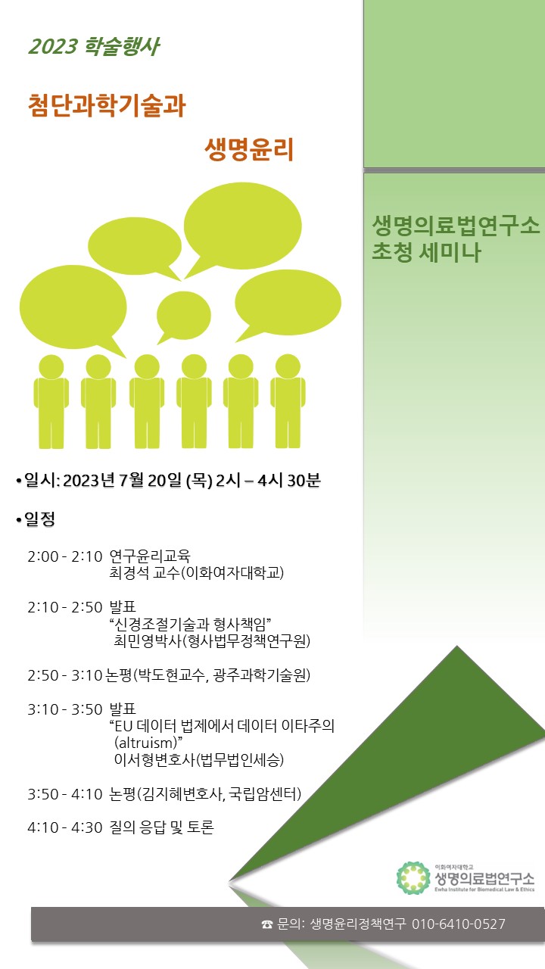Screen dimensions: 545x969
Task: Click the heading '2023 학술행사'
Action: [x=94, y=46]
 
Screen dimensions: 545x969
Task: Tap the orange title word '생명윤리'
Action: [x=249, y=149]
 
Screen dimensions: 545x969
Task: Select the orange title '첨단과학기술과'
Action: [x=107, y=105]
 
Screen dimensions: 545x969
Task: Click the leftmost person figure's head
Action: [x=51, y=367]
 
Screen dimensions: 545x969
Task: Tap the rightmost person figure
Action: [x=288, y=401]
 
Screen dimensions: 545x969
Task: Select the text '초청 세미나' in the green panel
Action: [x=426, y=252]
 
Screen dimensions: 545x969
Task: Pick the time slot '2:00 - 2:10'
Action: [x=65, y=556]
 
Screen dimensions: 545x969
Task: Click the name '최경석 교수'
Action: [x=144, y=573]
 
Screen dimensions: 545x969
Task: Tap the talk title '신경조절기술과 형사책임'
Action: [x=190, y=624]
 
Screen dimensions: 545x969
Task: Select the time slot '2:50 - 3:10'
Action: [x=65, y=675]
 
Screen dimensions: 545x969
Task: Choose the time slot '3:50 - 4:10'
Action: [x=65, y=794]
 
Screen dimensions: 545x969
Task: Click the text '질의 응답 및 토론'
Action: [x=162, y=827]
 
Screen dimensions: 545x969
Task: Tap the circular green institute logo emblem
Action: [x=413, y=877]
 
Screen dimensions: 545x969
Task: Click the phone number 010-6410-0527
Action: [x=459, y=924]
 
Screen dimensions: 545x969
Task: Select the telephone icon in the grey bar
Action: [x=267, y=924]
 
